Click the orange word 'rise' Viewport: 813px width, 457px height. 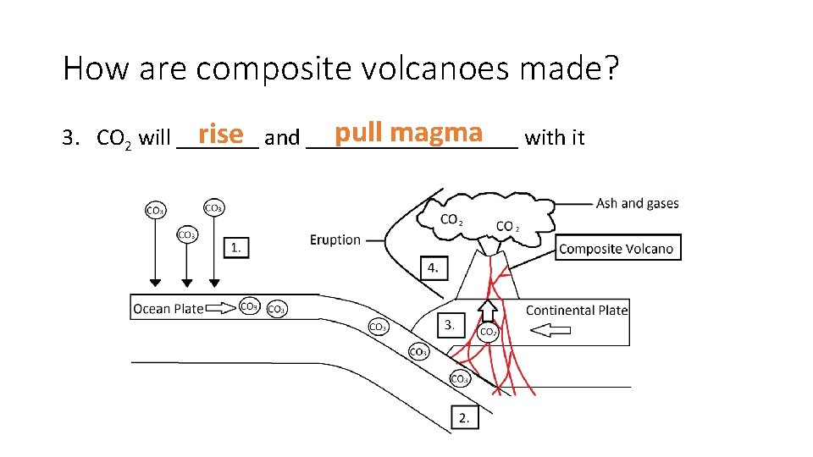pos(219,135)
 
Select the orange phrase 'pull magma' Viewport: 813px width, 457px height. pos(408,134)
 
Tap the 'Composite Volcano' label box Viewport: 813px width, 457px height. pos(619,248)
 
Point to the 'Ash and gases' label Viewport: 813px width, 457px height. pos(637,203)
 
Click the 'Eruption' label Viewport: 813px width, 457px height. pos(335,240)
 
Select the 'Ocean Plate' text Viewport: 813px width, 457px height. pos(168,309)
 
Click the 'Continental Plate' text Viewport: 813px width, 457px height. pos(576,310)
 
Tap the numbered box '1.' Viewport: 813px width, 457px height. pos(236,247)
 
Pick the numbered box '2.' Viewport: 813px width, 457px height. pos(464,417)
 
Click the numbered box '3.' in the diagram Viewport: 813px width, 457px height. pos(451,324)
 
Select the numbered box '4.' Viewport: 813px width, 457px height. pos(433,267)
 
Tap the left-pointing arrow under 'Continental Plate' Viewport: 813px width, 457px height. pos(547,333)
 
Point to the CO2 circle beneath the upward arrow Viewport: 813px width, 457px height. pos(489,333)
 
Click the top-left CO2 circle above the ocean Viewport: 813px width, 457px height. pos(156,210)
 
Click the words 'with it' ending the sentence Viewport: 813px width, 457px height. pos(555,138)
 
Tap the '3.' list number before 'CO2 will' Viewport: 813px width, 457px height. pos(72,138)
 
